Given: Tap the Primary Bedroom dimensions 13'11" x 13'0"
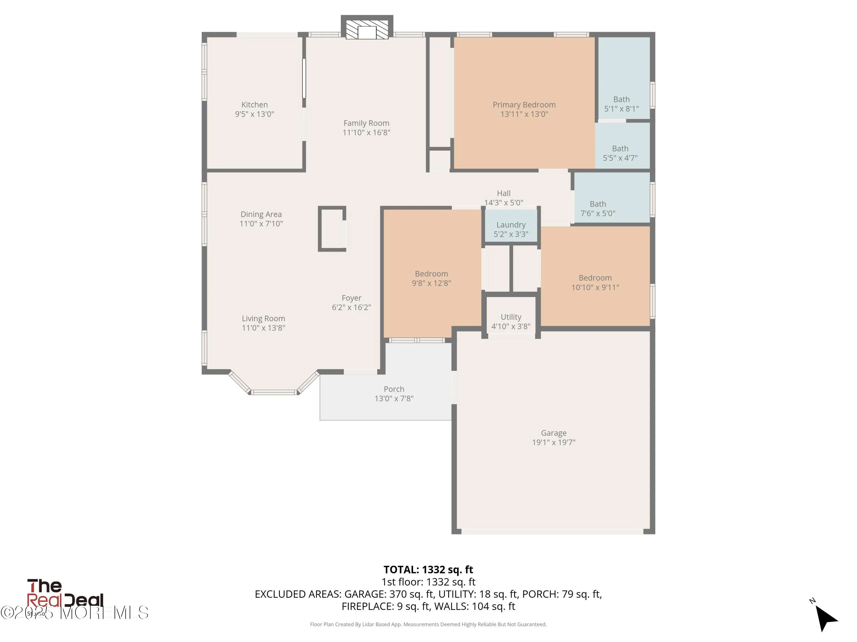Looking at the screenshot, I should (524, 114).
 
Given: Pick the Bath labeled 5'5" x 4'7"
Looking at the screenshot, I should (620, 153).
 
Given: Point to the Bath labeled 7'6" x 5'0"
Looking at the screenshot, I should (597, 209).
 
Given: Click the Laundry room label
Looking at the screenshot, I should (511, 225).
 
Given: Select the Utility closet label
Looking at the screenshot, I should (511, 317).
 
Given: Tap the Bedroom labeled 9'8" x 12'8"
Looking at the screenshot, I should (431, 278).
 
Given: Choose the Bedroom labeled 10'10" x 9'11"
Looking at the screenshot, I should (595, 282).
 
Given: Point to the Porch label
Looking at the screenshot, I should (394, 389).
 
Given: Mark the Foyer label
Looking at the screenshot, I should (351, 298).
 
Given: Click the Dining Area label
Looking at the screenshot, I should (261, 214).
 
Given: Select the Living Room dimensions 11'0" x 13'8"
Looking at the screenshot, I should (263, 328).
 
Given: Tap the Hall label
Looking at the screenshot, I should (503, 193).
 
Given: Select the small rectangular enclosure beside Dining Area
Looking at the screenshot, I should (332, 229).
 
